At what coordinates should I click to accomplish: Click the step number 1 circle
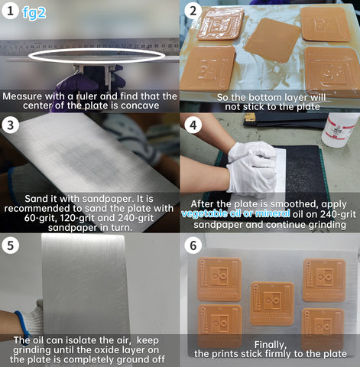point(10,11)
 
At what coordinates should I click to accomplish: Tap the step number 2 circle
point(193,11)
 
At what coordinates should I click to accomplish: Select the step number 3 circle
point(10,125)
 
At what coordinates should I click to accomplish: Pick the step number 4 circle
point(193,125)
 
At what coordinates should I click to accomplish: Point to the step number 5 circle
point(10,245)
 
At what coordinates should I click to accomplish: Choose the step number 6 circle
point(193,245)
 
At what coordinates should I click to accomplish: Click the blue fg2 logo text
point(34,13)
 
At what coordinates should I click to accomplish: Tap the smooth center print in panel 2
point(273,41)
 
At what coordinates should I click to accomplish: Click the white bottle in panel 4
point(339,130)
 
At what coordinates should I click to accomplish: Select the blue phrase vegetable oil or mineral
point(235,213)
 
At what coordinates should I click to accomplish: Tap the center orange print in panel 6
point(272,304)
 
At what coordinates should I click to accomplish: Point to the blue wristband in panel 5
point(22,323)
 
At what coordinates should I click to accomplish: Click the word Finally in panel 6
point(271,345)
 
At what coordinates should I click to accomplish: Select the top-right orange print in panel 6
point(324,280)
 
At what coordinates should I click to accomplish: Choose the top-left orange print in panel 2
point(220,24)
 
